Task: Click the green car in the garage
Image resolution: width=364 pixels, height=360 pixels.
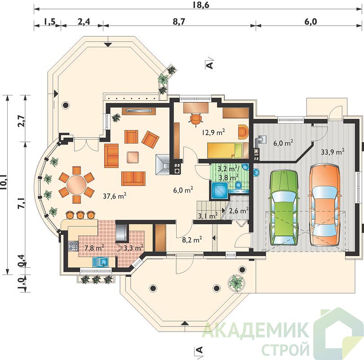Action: pos(283,207)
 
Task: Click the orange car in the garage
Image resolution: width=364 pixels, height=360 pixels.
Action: pos(325,205)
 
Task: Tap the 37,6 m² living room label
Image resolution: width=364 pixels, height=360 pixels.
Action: pos(115,196)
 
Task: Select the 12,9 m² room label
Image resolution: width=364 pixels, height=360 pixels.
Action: pos(213,133)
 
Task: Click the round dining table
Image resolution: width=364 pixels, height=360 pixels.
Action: pos(75,185)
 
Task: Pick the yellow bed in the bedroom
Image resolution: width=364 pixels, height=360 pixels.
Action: pos(225,150)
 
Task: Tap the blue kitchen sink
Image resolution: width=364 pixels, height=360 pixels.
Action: pos(101,262)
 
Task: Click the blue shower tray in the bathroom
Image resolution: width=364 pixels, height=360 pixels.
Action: pos(219,190)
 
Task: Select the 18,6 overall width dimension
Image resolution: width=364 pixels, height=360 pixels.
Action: pos(201,4)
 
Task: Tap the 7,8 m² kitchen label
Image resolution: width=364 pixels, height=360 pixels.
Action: pos(94,248)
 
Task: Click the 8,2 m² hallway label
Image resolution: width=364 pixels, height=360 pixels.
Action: pos(192,239)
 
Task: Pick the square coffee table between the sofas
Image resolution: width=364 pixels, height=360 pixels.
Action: pos(133,157)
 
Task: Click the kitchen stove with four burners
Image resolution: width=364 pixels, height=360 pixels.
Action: pos(73,246)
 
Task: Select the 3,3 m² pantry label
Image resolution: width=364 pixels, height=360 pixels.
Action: pos(133,248)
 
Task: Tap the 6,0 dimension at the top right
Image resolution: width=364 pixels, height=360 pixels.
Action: pos(310,22)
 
